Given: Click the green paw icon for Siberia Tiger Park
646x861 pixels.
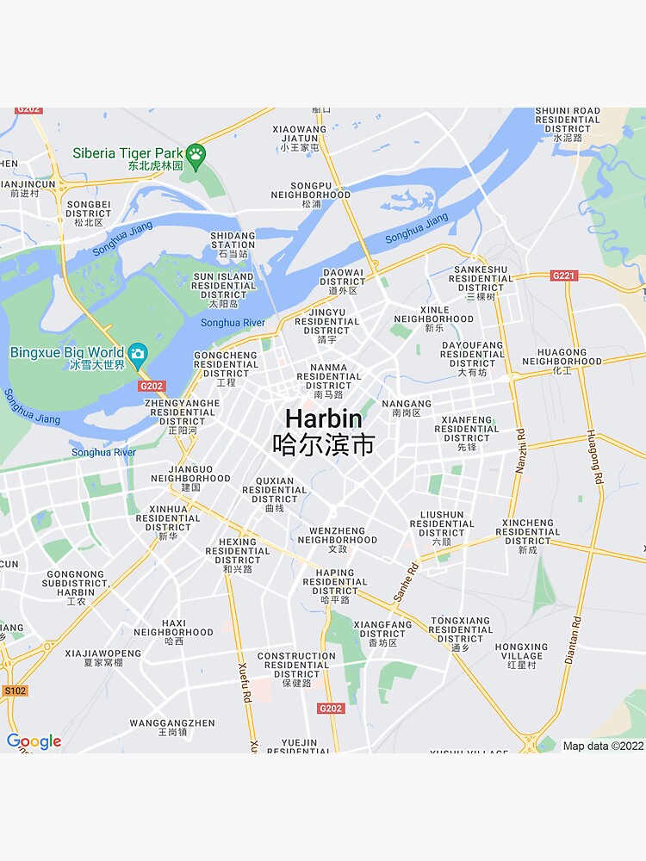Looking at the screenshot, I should click(x=196, y=154).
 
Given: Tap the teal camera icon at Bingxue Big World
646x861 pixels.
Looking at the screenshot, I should click(x=137, y=353).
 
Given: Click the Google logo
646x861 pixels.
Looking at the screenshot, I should click(x=34, y=741).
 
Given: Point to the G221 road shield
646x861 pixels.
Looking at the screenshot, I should click(x=562, y=276).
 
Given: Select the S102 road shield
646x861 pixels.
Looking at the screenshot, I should click(x=15, y=691).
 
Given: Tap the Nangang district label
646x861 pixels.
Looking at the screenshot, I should click(x=406, y=408).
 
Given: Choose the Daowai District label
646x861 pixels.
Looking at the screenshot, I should click(x=343, y=281).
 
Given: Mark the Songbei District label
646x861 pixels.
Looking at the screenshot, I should click(x=89, y=213).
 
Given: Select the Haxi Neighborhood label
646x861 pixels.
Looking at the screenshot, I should click(x=173, y=631).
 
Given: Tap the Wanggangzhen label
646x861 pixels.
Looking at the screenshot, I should click(x=172, y=728).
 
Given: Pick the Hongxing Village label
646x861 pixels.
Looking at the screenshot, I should click(x=521, y=655).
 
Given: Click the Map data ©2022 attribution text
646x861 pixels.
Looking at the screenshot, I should click(x=603, y=746).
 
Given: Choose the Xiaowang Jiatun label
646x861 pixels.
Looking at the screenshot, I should click(x=300, y=138).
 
